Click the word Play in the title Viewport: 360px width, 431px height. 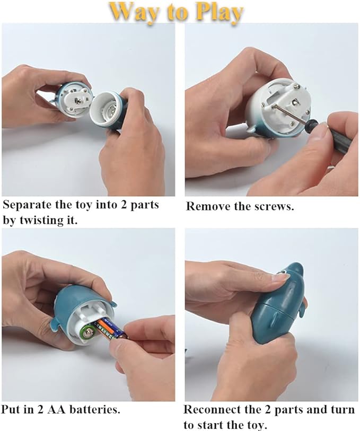(x=220, y=13)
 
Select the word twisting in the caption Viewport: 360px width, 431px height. (x=42, y=220)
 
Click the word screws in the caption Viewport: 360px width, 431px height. (x=274, y=206)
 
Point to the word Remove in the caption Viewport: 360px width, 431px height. (x=205, y=206)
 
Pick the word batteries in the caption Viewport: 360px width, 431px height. (x=94, y=410)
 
